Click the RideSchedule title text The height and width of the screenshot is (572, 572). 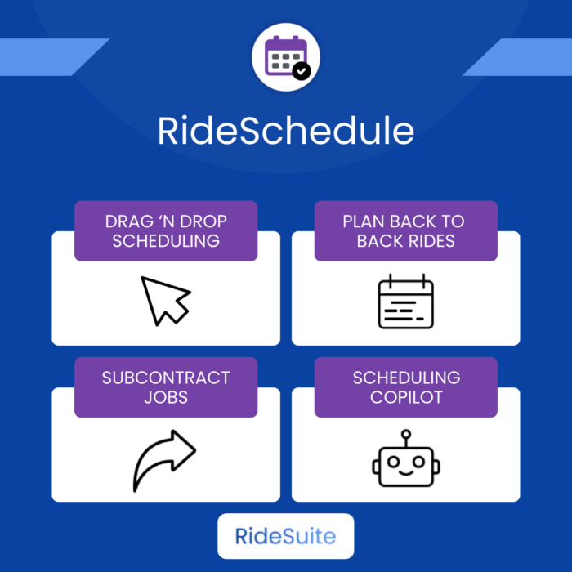tap(286, 131)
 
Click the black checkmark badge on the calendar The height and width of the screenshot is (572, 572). tap(302, 71)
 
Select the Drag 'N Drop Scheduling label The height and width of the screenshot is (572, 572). tap(166, 231)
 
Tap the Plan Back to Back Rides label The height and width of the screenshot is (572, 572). tap(406, 231)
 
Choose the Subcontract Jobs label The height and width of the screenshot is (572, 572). tap(166, 387)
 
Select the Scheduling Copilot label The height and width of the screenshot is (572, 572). tap(406, 387)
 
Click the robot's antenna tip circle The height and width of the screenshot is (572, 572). tap(406, 434)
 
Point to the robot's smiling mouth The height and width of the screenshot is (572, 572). tap(406, 472)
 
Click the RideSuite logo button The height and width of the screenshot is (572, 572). tap(286, 536)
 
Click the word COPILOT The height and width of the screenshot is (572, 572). tap(406, 397)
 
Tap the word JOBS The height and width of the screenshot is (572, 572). tap(166, 397)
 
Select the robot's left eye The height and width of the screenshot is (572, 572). tap(393, 462)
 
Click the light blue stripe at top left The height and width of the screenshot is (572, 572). tap(51, 57)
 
